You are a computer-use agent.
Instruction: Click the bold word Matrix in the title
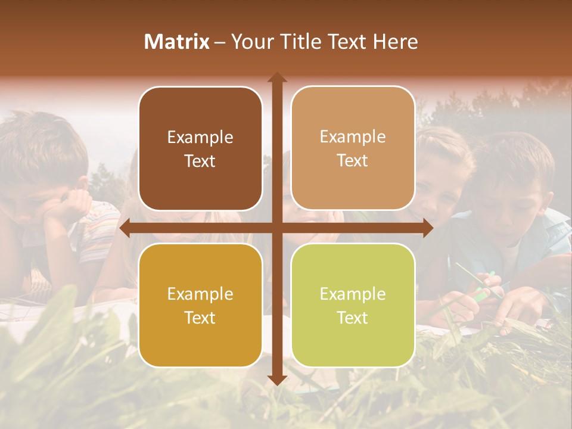point(177,42)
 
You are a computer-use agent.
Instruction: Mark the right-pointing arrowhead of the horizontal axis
point(428,228)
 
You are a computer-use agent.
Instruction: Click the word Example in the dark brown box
point(200,138)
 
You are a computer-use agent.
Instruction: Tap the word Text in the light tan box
point(353,161)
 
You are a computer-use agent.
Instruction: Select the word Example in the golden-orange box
point(200,294)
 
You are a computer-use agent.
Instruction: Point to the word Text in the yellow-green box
point(353,318)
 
